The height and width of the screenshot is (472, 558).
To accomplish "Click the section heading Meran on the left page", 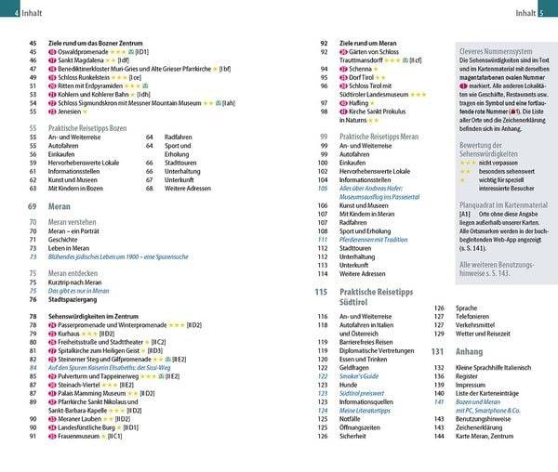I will (60, 206).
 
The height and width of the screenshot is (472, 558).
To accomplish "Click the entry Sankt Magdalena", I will (86, 59).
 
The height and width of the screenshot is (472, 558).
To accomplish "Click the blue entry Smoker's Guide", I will (360, 375).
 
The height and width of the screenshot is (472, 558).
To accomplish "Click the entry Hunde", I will (350, 384).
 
